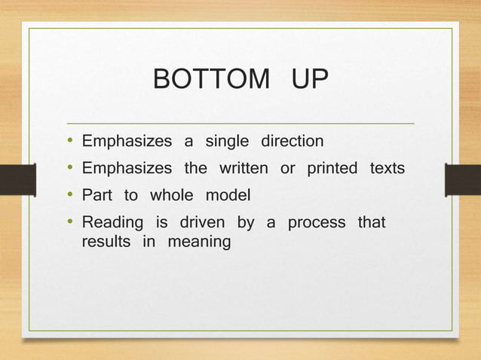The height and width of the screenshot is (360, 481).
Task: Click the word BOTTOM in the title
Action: point(210,78)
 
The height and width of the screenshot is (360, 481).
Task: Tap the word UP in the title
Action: point(308,78)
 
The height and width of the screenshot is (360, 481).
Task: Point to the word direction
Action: point(293,141)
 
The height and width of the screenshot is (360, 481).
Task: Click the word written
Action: point(244,168)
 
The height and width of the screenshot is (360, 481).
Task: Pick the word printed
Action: point(332,168)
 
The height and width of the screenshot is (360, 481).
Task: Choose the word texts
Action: point(388,168)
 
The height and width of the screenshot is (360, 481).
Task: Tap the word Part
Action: point(97,196)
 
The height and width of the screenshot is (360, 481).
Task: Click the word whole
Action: point(171,196)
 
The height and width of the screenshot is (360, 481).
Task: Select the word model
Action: point(228,196)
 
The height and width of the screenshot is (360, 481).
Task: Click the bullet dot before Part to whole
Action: point(69,196)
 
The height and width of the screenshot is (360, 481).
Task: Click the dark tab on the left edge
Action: point(17,180)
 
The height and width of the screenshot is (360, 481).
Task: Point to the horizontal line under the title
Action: point(241,122)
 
